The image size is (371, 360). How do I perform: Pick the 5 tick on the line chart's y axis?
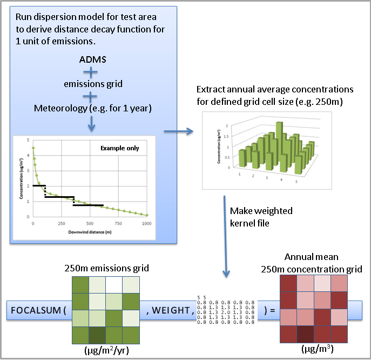point(28,139)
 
